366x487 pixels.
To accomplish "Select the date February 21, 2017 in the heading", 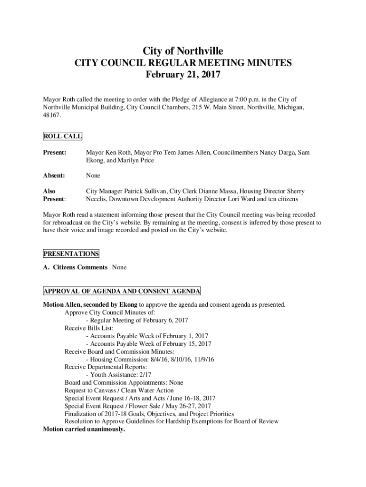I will [183, 75].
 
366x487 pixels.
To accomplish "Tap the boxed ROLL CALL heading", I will [63, 136].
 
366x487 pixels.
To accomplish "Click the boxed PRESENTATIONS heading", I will [71, 253].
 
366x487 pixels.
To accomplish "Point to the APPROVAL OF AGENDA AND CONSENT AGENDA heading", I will [122, 291].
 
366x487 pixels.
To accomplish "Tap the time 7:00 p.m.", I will [242, 99].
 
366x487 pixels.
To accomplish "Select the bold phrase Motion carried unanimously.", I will [84, 429].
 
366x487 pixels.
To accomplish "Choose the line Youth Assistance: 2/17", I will [117, 375].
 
